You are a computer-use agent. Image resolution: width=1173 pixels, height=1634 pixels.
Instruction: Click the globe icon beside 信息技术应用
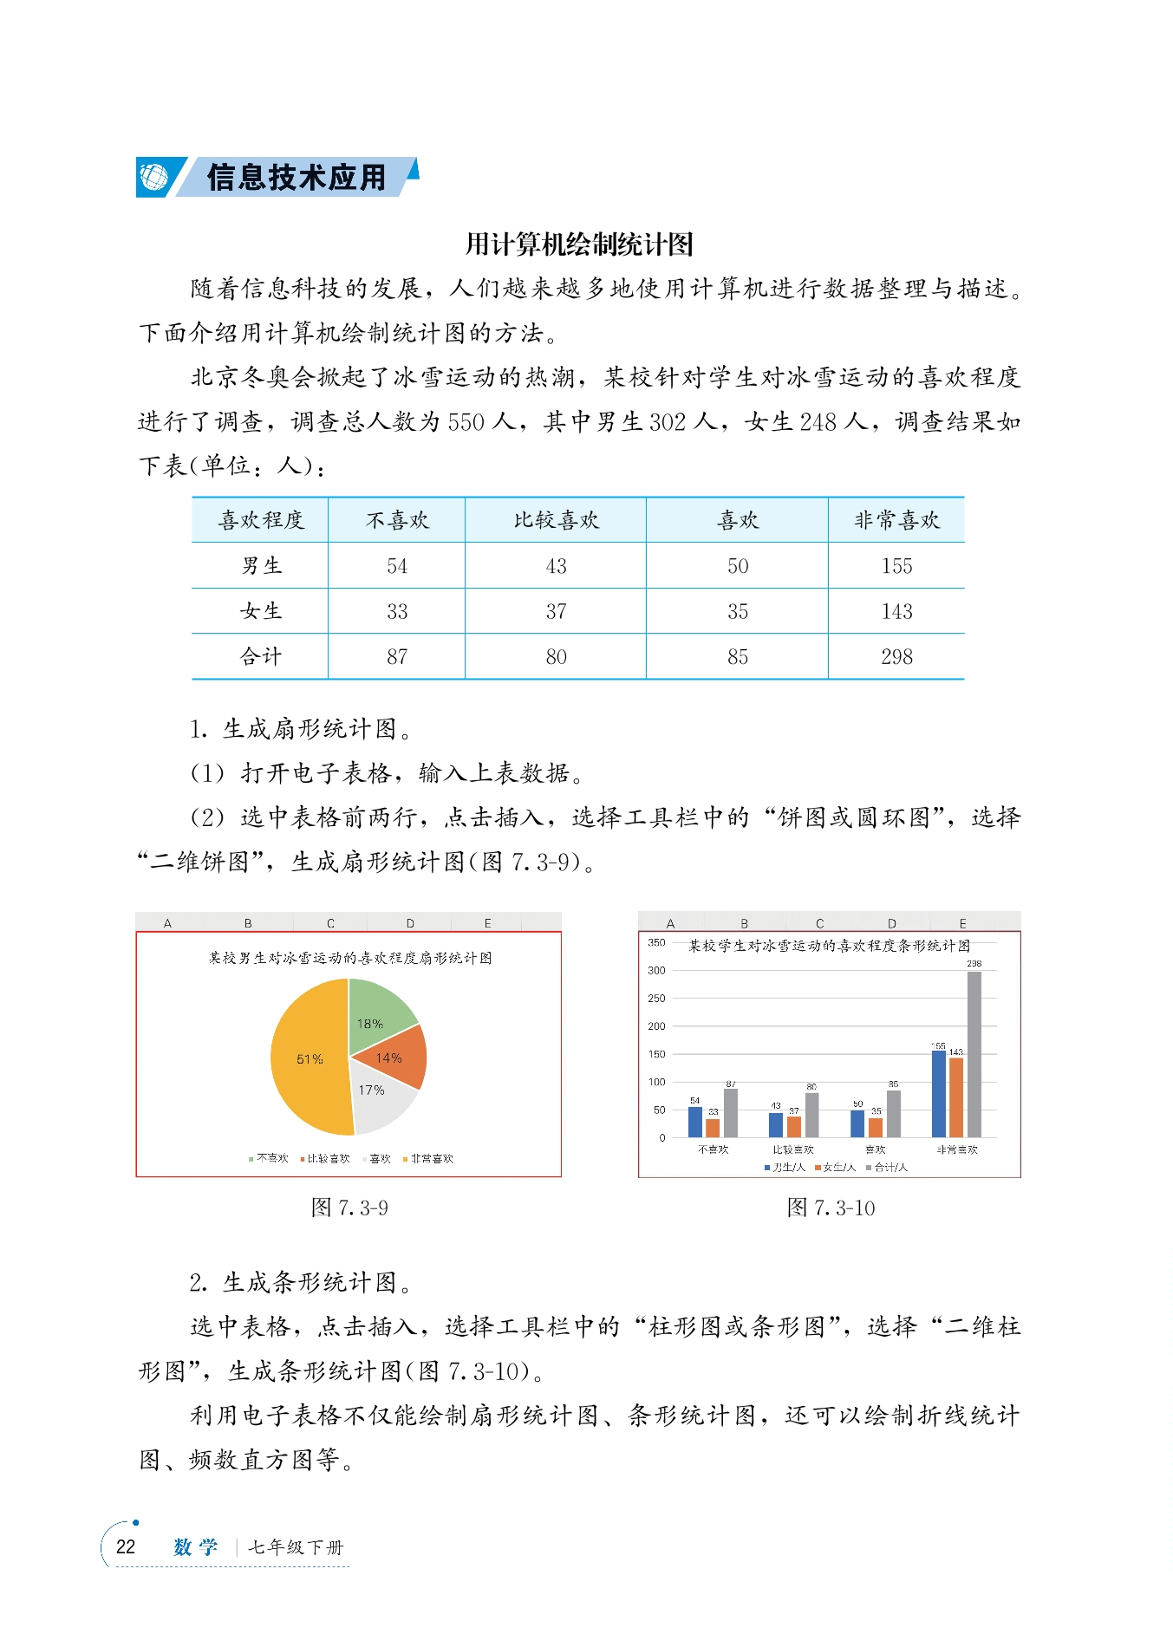(x=153, y=177)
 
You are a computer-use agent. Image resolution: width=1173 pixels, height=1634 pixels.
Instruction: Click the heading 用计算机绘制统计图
(x=579, y=244)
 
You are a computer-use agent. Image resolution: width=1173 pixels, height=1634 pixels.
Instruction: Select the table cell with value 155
(x=896, y=566)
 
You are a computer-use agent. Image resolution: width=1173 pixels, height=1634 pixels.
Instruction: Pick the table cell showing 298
(x=896, y=657)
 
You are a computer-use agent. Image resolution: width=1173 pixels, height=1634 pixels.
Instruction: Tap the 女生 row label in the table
(x=260, y=611)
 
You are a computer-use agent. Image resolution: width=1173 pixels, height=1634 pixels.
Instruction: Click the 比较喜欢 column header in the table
(x=556, y=520)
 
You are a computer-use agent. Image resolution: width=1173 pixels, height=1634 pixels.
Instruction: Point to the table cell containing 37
(x=556, y=611)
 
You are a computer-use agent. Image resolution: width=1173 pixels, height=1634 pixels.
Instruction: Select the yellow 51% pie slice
(x=308, y=1059)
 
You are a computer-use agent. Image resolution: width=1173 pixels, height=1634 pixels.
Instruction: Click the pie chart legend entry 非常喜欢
(x=431, y=1159)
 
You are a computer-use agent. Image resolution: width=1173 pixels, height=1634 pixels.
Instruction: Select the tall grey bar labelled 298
(x=974, y=1053)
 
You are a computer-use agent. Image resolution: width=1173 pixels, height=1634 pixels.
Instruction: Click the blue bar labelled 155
(x=938, y=1092)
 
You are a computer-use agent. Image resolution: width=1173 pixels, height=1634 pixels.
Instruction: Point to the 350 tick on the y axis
(x=656, y=942)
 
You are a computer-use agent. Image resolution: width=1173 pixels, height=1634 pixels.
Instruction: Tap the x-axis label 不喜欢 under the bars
(x=713, y=1149)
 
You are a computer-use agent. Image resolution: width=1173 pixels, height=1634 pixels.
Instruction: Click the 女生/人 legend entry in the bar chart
(x=837, y=1168)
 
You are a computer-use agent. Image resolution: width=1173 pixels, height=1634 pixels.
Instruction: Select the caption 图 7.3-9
(x=349, y=1208)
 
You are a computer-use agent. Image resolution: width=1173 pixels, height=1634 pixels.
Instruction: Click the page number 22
(x=126, y=1547)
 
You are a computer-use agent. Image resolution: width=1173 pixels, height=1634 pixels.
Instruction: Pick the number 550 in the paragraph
(x=466, y=422)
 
